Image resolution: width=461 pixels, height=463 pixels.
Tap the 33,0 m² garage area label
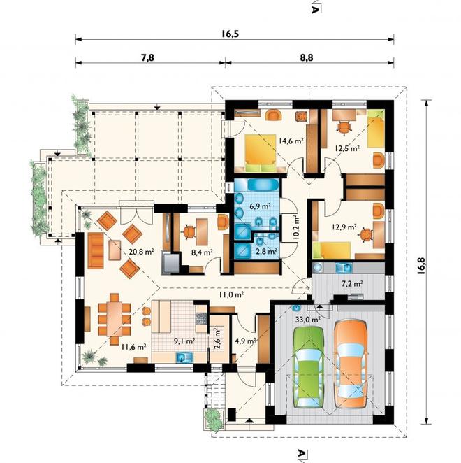[308, 319]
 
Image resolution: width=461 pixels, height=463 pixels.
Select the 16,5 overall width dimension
[230, 34]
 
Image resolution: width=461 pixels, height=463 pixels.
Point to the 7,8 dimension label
[147, 57]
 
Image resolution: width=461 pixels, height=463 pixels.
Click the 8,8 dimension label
[307, 57]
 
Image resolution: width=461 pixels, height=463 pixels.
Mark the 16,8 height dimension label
[421, 266]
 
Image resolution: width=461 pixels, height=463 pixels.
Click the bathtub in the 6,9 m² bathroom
[263, 185]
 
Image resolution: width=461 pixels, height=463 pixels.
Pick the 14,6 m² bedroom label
[291, 141]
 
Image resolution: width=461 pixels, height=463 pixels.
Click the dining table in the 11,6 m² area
[115, 318]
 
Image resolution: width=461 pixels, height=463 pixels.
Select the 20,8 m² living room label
[142, 252]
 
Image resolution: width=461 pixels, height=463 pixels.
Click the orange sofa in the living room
[96, 250]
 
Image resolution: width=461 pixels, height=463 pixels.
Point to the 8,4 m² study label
[203, 252]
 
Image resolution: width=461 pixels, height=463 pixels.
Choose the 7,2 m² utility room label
[352, 283]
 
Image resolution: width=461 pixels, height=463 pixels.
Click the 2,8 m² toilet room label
[266, 251]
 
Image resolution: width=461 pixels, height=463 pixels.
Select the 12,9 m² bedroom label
[344, 227]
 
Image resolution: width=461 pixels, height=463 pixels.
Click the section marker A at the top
[315, 9]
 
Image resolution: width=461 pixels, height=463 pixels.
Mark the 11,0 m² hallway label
[231, 294]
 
